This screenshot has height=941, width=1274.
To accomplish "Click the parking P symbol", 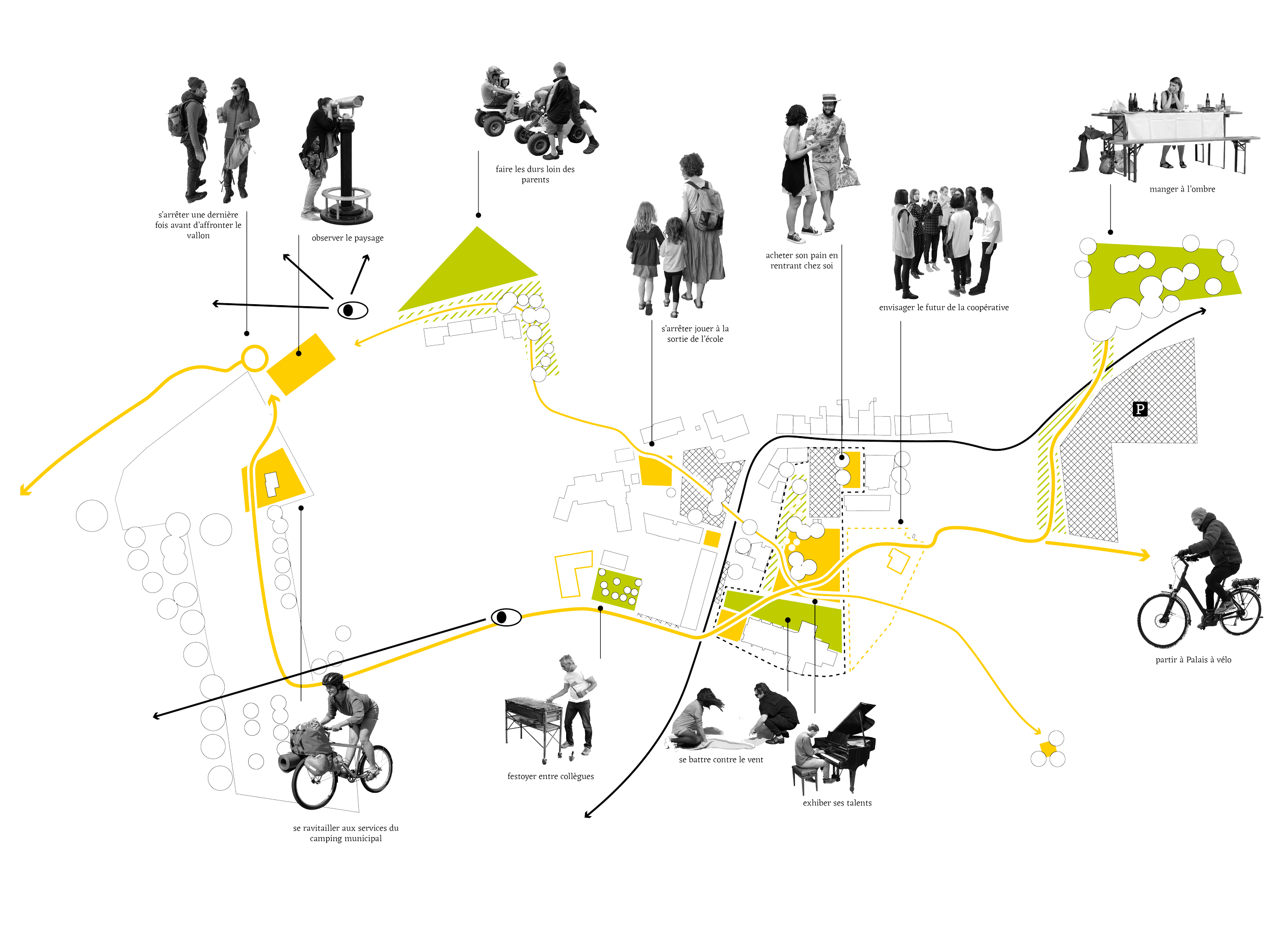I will [1139, 409].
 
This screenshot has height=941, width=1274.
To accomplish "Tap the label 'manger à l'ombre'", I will [1182, 189].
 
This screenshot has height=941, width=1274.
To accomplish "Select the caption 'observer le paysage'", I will [348, 238].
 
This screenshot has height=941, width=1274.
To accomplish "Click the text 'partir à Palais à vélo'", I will [1193, 660].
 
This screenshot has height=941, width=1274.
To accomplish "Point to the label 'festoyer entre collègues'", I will [550, 776].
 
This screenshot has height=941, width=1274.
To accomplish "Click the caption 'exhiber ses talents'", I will [837, 803].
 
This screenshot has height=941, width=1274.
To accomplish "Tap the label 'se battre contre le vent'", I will [721, 760].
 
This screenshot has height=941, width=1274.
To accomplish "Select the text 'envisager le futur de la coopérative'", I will [944, 308].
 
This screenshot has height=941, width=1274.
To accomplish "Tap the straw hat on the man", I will [830, 97].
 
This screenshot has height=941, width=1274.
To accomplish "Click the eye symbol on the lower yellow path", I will [506, 617].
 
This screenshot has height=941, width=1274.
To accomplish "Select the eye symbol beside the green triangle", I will [353, 310].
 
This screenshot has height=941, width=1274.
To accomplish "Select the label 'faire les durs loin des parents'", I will [535, 174].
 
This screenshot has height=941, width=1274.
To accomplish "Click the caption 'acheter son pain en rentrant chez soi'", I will [802, 261].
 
